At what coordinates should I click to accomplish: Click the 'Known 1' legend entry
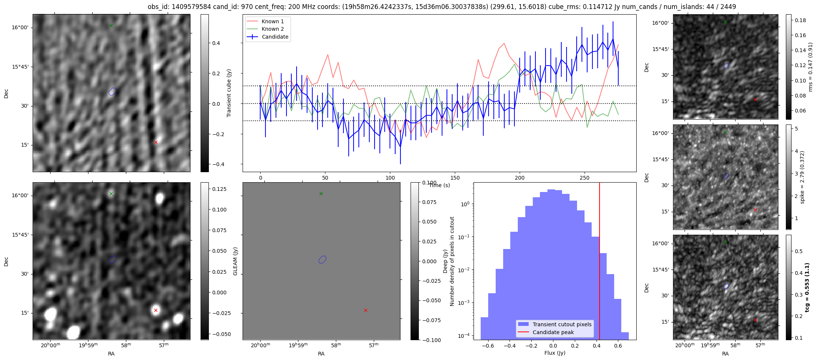pos(273,21)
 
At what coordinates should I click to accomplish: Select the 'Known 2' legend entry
pos(273,29)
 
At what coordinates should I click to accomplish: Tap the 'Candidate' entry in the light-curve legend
pos(275,37)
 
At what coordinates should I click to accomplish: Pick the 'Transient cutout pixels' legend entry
pos(562,324)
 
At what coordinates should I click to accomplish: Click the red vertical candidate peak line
pos(600,262)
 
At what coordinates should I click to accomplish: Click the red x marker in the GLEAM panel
pos(366,310)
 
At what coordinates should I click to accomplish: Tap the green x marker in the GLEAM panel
pos(321,193)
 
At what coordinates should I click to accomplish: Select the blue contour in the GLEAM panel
pos(322,259)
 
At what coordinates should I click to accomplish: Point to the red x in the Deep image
pos(156,310)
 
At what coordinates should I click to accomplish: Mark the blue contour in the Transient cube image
pos(112,91)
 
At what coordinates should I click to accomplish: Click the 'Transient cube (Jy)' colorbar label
pos(229,93)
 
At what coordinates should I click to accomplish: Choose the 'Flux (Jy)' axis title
pos(555,353)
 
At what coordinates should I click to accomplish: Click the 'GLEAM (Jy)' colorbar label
pos(235,261)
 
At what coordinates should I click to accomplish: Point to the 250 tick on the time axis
pos(585,178)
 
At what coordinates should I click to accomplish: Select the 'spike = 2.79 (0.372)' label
pos(802,177)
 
